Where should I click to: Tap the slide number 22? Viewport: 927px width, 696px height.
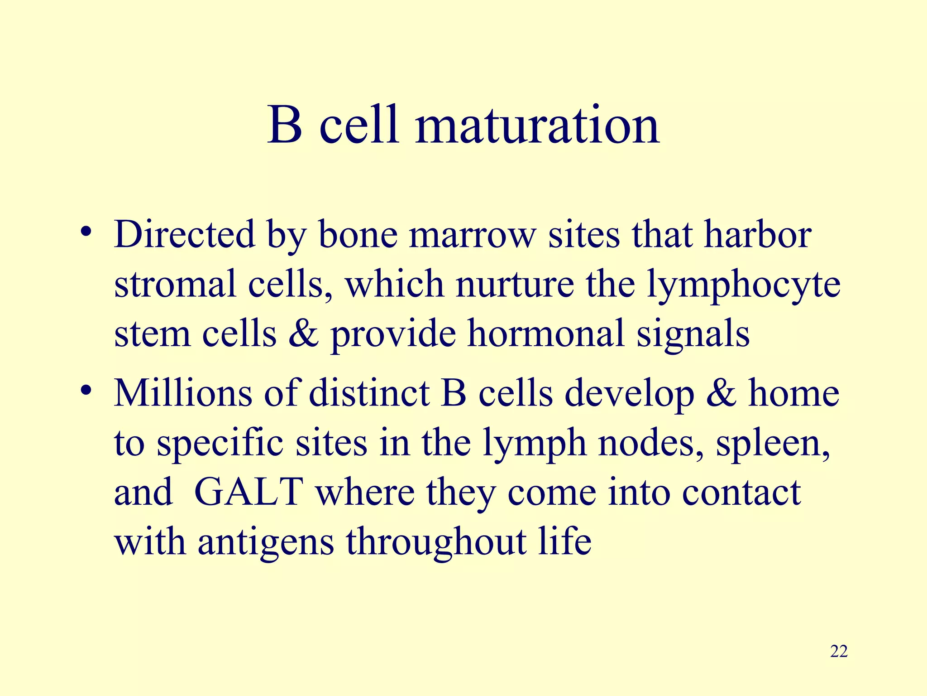pos(839,652)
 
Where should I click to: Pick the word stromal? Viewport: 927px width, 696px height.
pos(175,284)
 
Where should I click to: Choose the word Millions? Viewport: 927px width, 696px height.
pos(182,392)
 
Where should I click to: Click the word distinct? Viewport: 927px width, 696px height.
pos(369,392)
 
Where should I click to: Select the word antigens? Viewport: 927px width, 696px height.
pos(266,542)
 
